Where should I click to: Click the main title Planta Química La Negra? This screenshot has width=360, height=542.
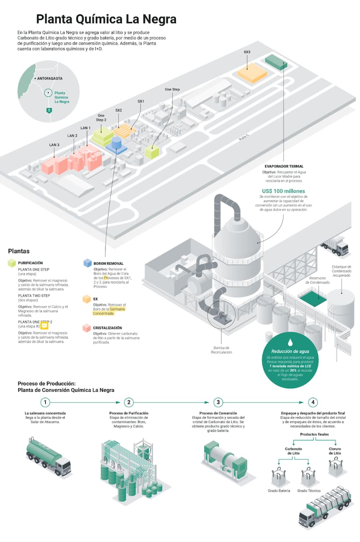tap(106, 19)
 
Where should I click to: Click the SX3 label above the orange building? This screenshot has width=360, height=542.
tap(247, 52)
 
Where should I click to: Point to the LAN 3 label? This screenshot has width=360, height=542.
tap(54, 145)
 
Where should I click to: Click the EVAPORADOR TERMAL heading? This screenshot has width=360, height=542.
tap(284, 166)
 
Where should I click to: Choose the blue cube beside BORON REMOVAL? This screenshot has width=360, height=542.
tap(87, 263)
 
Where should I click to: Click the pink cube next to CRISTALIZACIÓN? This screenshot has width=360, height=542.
tap(87, 328)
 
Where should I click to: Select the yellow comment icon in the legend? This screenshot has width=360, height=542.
tap(44, 327)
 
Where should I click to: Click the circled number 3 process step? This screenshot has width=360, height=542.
tap(218, 402)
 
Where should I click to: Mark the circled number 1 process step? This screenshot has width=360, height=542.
tap(45, 402)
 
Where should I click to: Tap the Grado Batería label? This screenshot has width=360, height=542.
tap(279, 491)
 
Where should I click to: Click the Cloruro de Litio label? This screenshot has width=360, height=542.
tap(335, 451)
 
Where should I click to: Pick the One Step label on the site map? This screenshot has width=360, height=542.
tap(172, 90)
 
